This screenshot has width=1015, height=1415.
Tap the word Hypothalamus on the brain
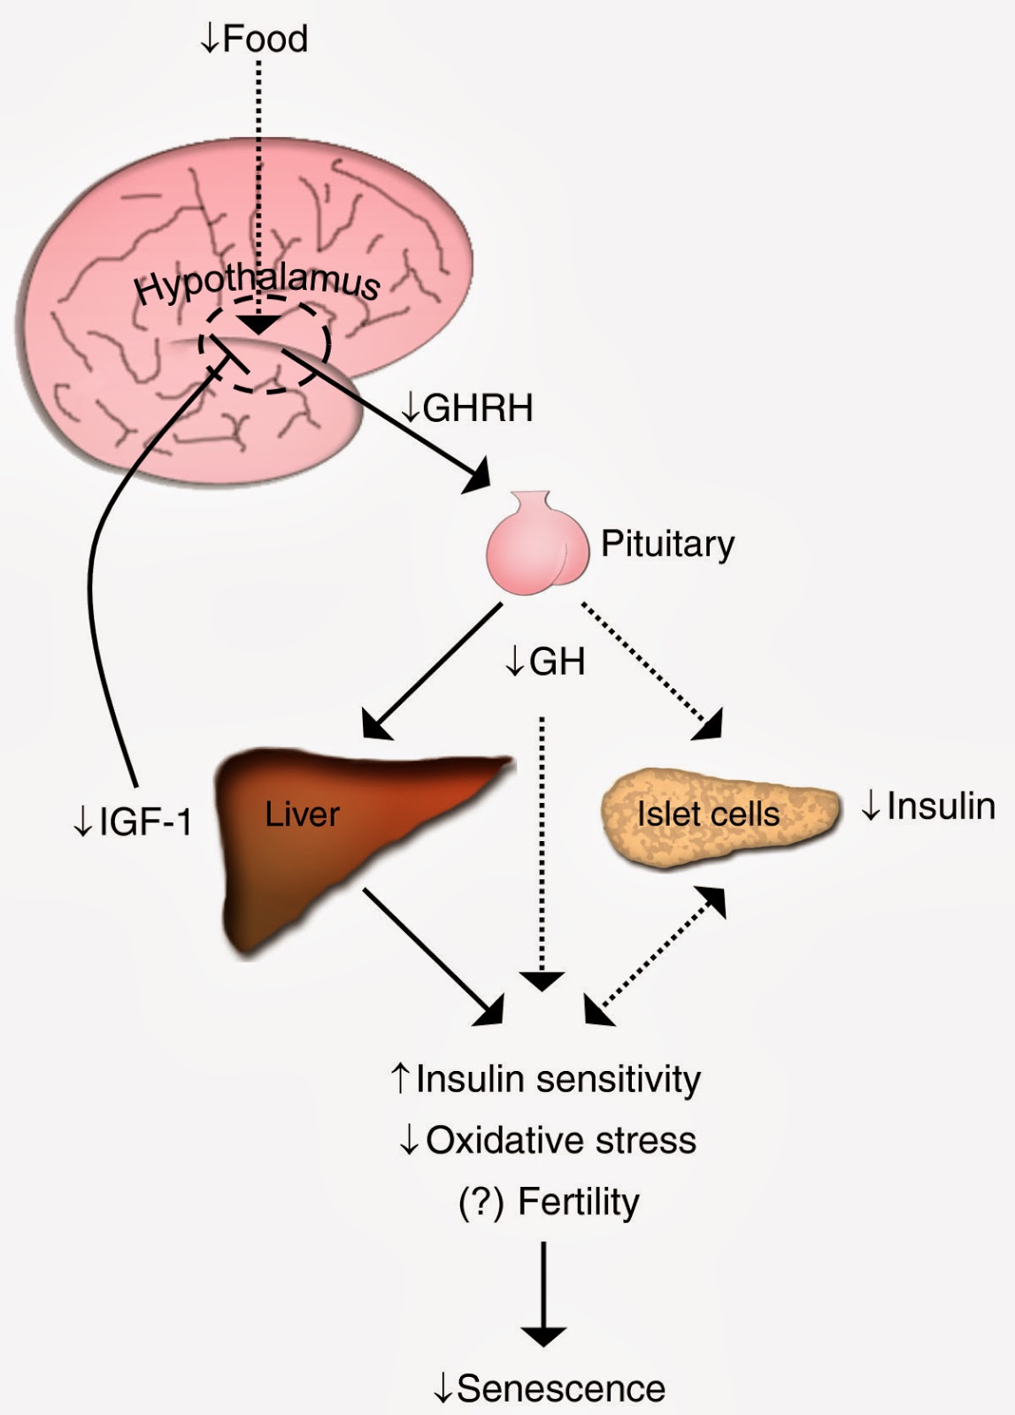[x=257, y=284]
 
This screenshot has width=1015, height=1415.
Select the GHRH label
[x=477, y=409]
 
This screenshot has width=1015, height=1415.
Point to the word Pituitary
[x=667, y=544]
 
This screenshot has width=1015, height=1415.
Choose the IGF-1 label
[x=144, y=822]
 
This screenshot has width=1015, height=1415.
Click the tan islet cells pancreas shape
[x=717, y=814]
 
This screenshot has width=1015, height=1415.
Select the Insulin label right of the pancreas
[x=939, y=807]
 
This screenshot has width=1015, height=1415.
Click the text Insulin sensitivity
[x=557, y=1080]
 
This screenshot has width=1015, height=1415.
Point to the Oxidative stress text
[x=560, y=1141]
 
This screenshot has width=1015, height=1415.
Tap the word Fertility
[x=579, y=1202]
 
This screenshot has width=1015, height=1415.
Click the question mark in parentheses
[x=481, y=1202]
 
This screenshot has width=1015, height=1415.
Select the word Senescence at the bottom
[x=560, y=1388]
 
